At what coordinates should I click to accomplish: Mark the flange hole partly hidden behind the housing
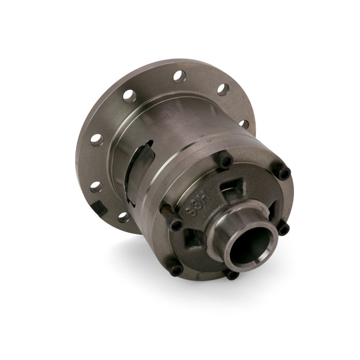pyautogui.click(x=244, y=124)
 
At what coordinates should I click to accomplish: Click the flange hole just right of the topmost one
pyautogui.click(x=223, y=89)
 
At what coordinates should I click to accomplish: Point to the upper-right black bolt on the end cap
pyautogui.click(x=284, y=174)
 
